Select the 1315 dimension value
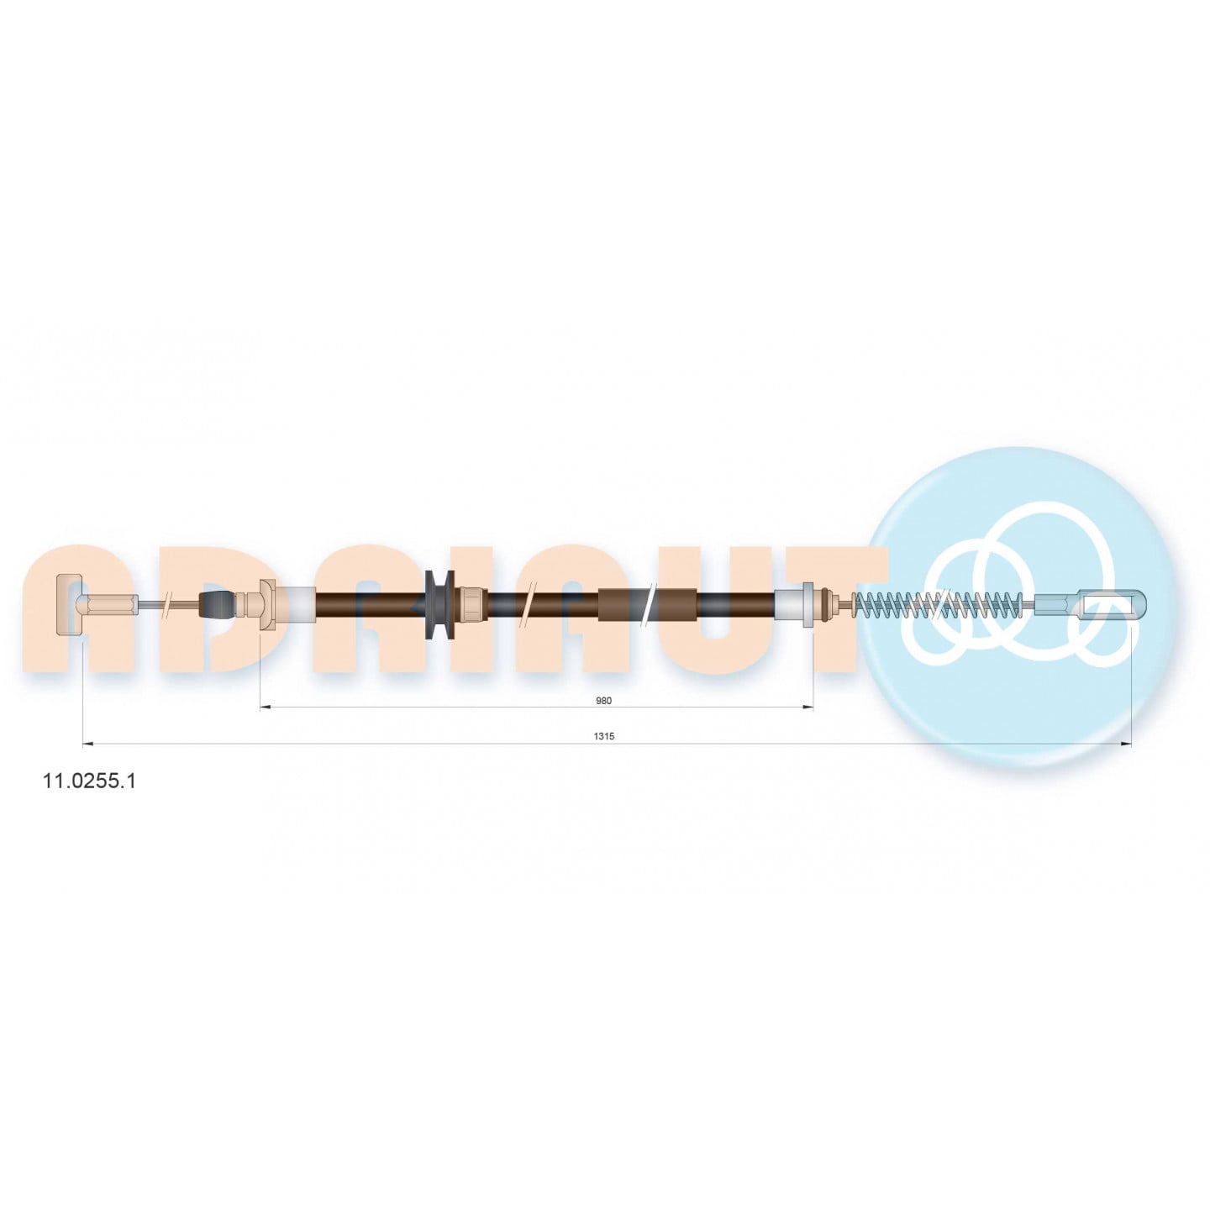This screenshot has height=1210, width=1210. (603, 737)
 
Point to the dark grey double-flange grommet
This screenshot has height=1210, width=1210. (441, 605)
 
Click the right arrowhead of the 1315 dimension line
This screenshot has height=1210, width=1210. (1126, 744)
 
